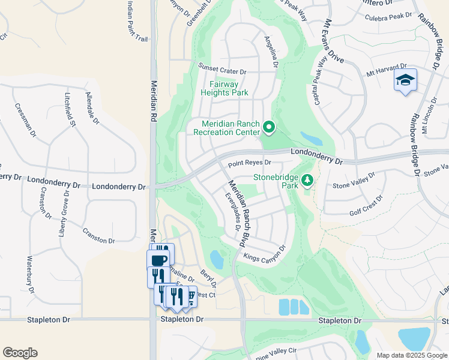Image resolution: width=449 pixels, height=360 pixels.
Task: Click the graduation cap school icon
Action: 405,80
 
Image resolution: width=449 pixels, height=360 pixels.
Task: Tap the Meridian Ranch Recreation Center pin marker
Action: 269,127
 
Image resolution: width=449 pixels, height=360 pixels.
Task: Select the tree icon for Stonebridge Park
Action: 307,180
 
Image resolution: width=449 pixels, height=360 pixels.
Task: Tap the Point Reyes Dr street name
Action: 250,163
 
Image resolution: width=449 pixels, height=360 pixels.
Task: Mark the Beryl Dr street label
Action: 208,277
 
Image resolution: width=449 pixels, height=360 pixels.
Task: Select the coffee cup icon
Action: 158,260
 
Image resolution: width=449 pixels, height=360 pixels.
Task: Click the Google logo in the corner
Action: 20,352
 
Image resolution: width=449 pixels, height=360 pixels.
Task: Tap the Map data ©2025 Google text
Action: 412,355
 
